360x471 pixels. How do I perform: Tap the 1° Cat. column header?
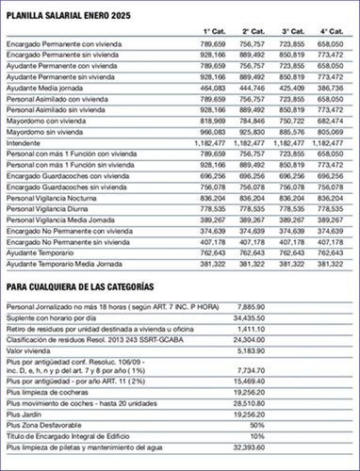click(212, 31)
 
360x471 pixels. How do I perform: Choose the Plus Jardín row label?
click(25, 414)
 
